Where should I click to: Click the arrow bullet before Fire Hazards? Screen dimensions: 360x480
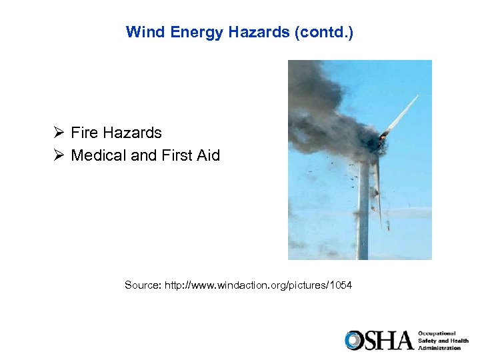(59, 133)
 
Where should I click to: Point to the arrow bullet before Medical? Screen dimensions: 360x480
(59, 156)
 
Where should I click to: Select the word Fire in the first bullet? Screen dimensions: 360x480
(84, 133)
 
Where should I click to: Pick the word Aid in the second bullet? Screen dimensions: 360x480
(209, 156)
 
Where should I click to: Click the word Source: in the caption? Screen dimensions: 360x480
(142, 285)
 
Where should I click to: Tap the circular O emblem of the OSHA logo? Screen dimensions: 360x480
(354, 340)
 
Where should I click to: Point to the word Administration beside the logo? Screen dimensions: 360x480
(439, 348)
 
